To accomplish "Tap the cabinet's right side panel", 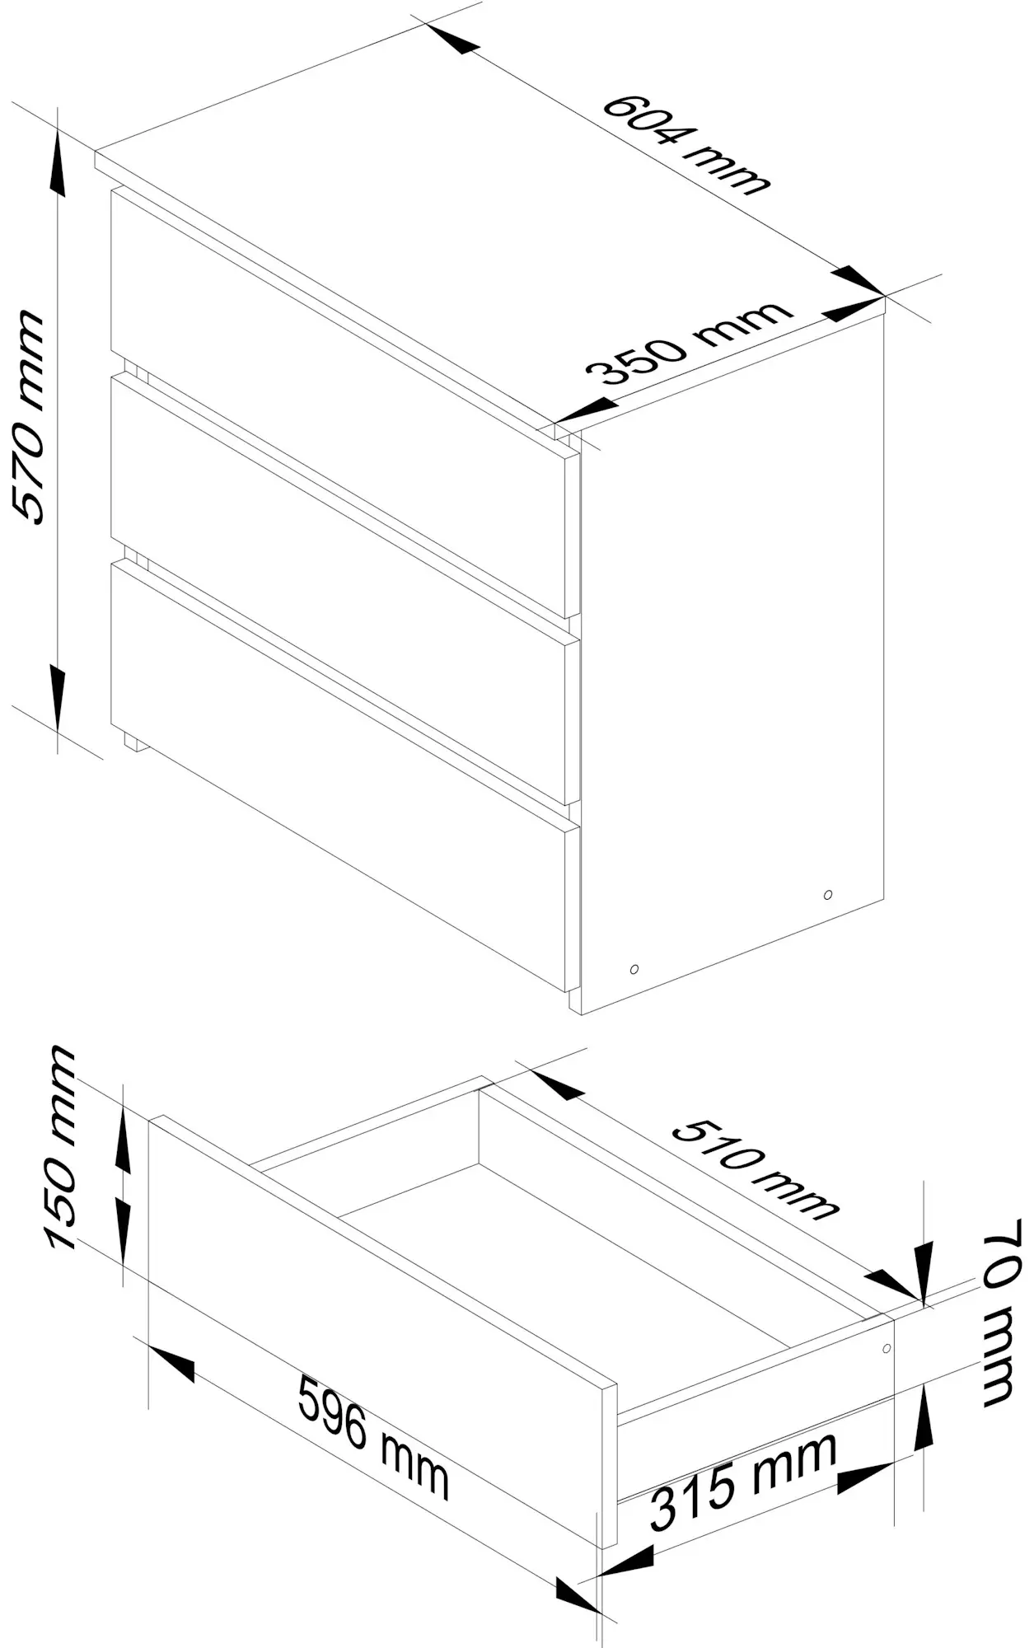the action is pyautogui.click(x=732, y=663).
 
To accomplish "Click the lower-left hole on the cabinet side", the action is pyautogui.click(x=634, y=969).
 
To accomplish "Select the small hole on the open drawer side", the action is pyautogui.click(x=887, y=1349).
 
